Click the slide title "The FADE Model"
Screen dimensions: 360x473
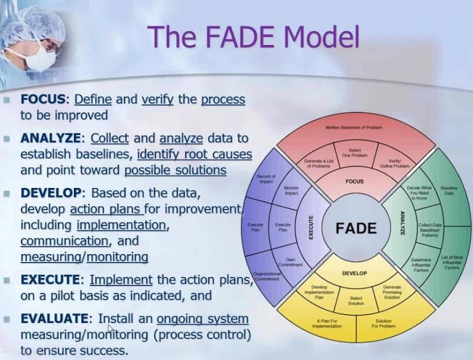[253, 36]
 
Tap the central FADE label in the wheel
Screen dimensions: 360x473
[355, 228]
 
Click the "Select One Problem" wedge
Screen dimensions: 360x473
[355, 153]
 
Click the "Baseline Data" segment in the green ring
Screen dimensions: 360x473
[448, 190]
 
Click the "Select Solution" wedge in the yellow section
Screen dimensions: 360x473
[356, 301]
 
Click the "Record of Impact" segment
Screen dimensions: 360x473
[265, 179]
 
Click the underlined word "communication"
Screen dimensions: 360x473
[64, 240]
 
